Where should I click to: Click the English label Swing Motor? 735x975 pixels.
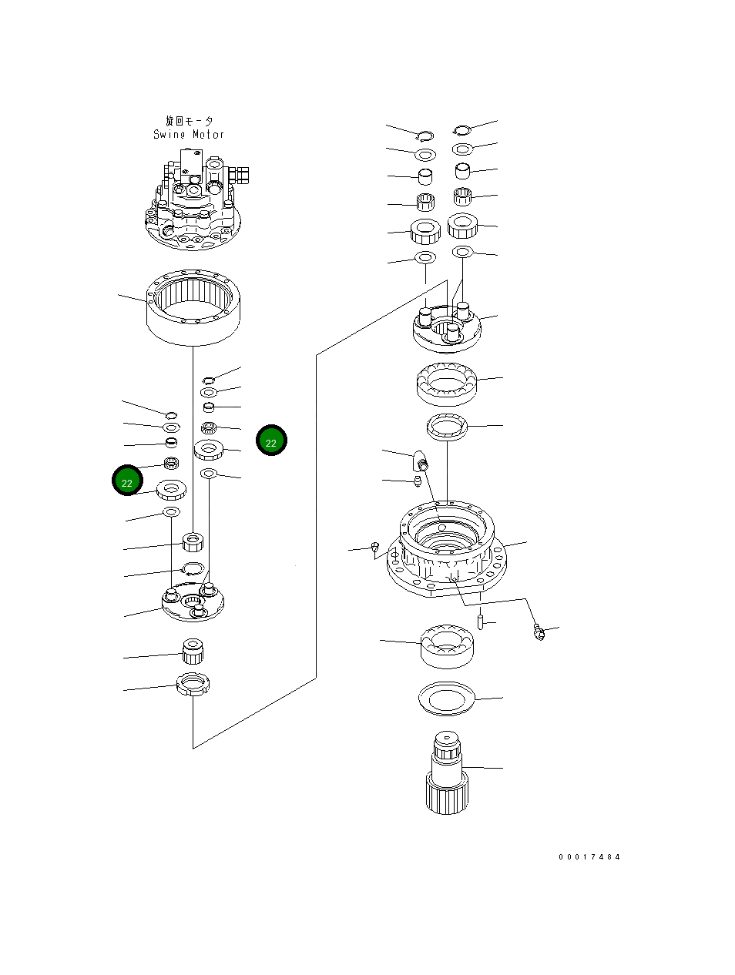[x=189, y=134]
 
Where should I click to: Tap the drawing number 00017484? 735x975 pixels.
[x=589, y=856]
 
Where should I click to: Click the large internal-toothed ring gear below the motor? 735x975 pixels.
[x=195, y=309]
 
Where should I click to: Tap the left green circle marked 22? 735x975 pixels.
[x=127, y=481]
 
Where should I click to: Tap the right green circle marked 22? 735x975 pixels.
[x=271, y=441]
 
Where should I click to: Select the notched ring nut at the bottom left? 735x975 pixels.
[x=193, y=684]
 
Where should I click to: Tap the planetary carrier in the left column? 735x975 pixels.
[x=193, y=601]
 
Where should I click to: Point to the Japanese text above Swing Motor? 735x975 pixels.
[x=189, y=121]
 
